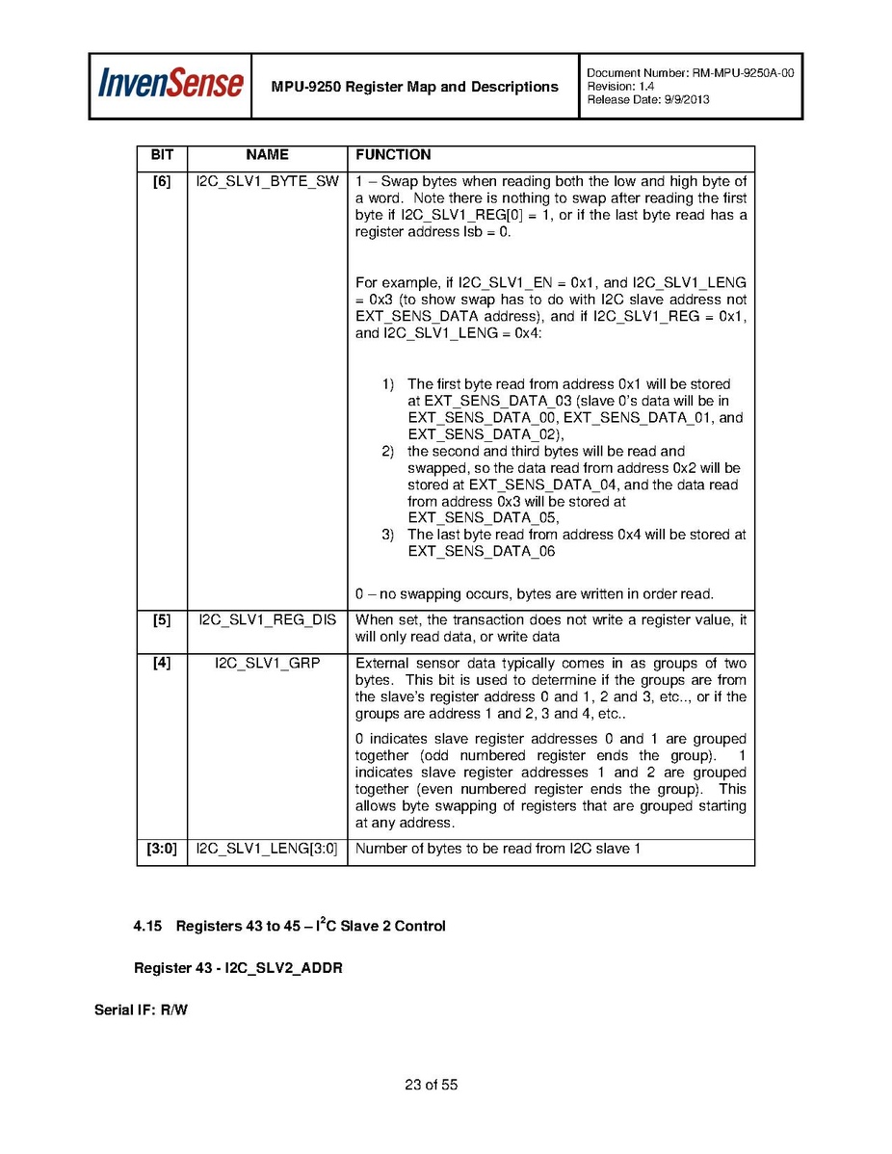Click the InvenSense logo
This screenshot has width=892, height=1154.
pos(171,86)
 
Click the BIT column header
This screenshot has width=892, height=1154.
pos(162,155)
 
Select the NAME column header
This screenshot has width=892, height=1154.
pos(267,155)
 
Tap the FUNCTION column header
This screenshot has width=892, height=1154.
pos(393,155)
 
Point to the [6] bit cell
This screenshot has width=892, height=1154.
pos(162,182)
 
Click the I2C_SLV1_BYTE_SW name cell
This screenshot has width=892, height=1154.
pos(267,182)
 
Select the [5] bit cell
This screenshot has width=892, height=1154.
pos(162,620)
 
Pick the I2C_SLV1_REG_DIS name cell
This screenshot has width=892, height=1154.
pos(267,620)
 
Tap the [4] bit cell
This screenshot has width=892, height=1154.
pos(162,664)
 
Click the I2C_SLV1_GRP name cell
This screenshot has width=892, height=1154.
pos(267,664)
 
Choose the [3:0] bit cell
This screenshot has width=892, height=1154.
pos(162,850)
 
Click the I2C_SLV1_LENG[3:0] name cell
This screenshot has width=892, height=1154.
pos(267,850)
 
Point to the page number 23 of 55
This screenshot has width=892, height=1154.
pos(431,1086)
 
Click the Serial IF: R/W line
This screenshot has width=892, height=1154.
pos(141,1010)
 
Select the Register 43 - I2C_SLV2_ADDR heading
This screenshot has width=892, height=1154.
pos(238,968)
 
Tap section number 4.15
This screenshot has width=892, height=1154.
pos(146,927)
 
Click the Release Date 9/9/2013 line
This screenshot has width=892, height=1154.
pos(647,100)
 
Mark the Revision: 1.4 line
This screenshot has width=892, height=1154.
pos(619,87)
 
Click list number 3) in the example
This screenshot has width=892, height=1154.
pos(388,535)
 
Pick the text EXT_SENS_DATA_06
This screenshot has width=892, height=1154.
pos(481,552)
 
